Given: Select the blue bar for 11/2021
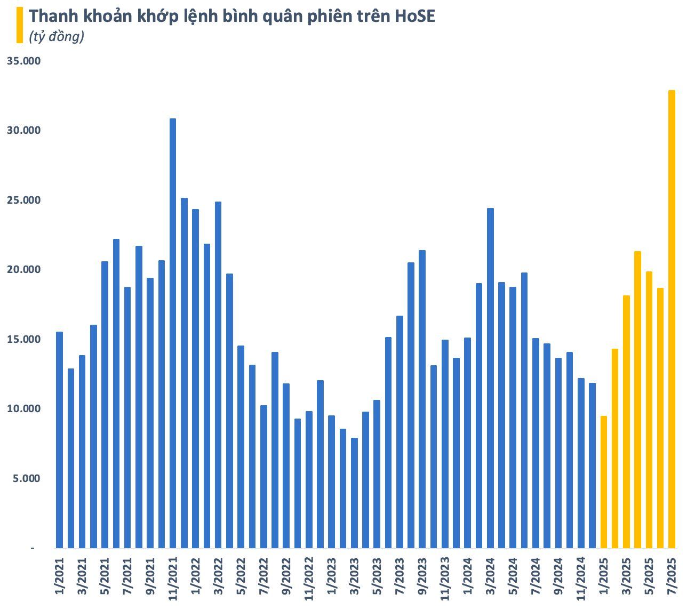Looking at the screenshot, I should pos(173,333).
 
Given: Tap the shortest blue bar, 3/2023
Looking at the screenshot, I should pos(354,493).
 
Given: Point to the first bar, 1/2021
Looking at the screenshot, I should pos(59,440).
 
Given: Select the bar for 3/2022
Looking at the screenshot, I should pos(218,374).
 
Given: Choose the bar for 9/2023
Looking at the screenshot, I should pos(422,399).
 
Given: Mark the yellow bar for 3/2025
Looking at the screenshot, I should pos(626,421).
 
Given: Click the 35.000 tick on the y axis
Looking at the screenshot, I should pos(23,61).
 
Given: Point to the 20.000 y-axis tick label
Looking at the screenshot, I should pos(23,270).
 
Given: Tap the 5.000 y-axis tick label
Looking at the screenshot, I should pos(26,479).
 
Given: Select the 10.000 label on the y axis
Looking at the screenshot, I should pos(23,409).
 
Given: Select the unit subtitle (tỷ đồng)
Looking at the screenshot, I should pos(57,37).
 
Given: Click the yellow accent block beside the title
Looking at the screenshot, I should pos(20,25).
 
